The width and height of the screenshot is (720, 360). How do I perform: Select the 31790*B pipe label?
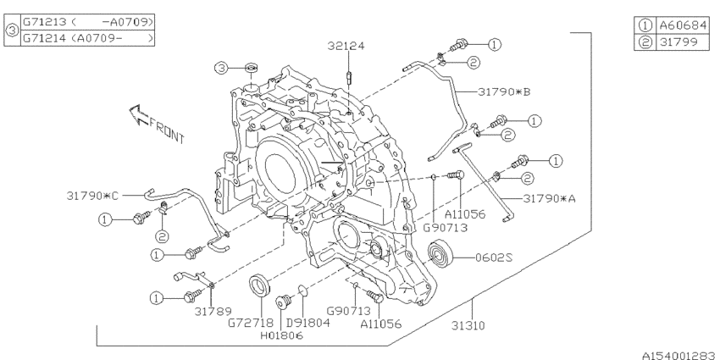click(x=504, y=90)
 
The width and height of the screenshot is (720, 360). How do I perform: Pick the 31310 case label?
click(x=474, y=325)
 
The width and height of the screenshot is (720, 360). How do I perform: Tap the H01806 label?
click(x=280, y=335)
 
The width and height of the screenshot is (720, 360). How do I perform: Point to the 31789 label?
click(x=211, y=311)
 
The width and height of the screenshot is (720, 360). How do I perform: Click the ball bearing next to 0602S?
click(x=442, y=253)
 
